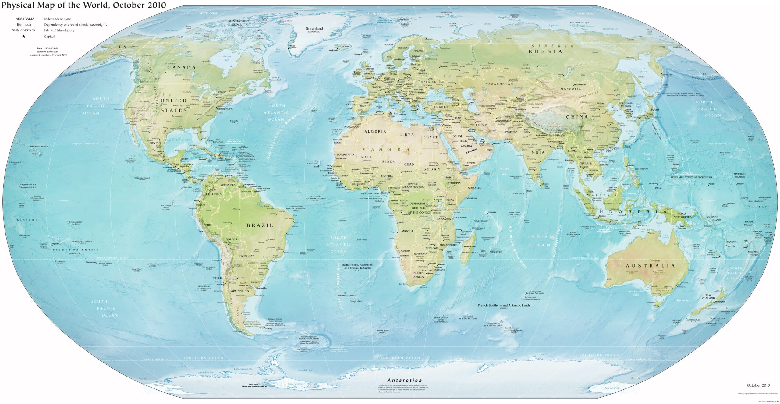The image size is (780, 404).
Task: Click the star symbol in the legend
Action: (23, 37)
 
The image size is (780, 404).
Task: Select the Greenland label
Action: (314, 29)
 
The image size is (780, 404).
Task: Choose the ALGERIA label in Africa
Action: (375, 132)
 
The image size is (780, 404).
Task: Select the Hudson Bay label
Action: (227, 58)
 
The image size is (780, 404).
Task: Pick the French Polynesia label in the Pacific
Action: (76, 250)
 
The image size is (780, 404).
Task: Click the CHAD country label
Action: (409, 164)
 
